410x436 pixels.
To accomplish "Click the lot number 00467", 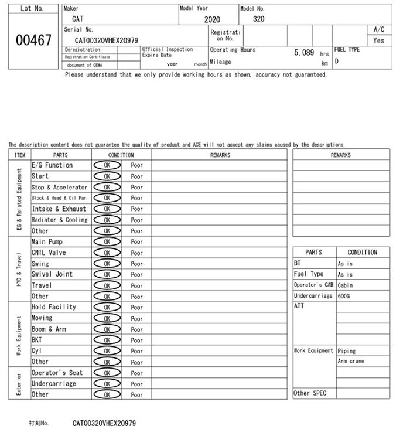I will click(x=33, y=40).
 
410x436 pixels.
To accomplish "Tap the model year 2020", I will click(x=212, y=19).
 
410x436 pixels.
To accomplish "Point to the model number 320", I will click(x=258, y=19).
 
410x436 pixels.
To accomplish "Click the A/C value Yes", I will click(x=378, y=41).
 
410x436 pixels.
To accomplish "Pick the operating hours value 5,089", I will click(x=304, y=53).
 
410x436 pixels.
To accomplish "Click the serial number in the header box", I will click(x=107, y=40).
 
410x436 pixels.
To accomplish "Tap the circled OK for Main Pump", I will click(x=107, y=242).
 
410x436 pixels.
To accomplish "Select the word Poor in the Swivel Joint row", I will click(x=136, y=275).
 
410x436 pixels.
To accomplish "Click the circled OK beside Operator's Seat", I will click(x=107, y=373).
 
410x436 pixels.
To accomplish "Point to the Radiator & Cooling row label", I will click(x=59, y=220).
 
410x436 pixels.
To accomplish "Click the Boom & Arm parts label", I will click(x=49, y=329).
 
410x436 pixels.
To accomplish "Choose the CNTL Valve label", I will click(x=49, y=253).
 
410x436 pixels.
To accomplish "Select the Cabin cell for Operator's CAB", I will click(x=345, y=285).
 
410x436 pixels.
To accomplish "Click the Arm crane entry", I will click(x=351, y=362).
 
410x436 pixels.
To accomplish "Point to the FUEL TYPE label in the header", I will click(x=347, y=50).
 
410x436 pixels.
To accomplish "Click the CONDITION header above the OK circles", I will click(x=121, y=155).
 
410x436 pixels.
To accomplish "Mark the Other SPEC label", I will click(x=310, y=393).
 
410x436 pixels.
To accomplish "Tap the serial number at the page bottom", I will click(x=104, y=423).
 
